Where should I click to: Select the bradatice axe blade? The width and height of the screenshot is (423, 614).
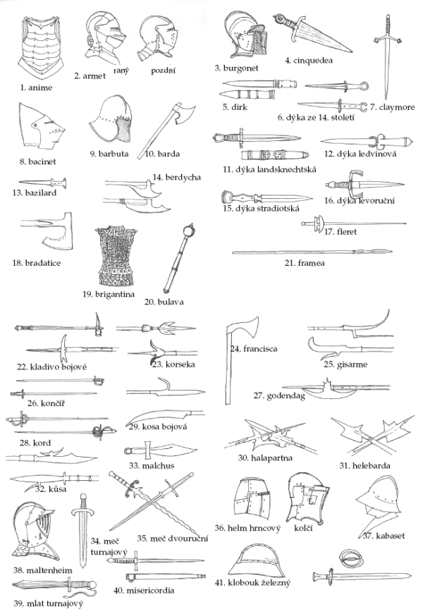click(x=58, y=233)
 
